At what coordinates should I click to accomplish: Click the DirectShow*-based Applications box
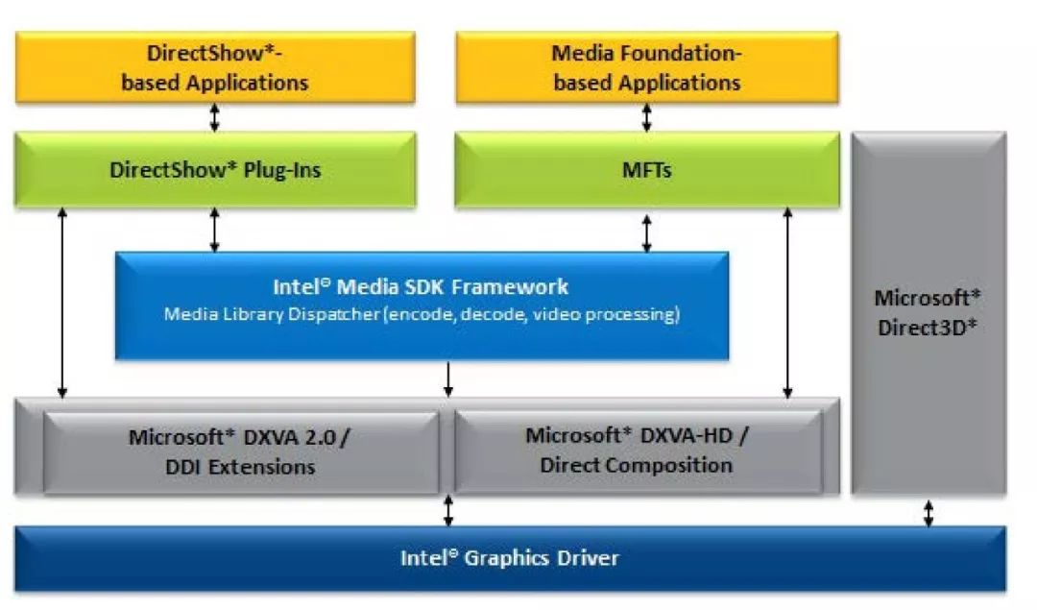[x=215, y=67]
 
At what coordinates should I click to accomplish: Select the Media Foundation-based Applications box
[x=646, y=67]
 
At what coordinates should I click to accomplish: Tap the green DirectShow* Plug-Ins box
[x=215, y=170]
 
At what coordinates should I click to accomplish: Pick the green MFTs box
[x=646, y=170]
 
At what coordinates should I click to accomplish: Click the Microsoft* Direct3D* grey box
[x=928, y=403]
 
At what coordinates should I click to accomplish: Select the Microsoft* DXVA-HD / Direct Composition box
[x=637, y=450]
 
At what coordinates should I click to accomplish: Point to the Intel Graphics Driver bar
[x=509, y=558]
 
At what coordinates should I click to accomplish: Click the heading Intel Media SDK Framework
[x=421, y=286]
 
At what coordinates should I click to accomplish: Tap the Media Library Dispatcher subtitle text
[x=421, y=314]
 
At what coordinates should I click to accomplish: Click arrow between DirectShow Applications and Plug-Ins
[x=215, y=117]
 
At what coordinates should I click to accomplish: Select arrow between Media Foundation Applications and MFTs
[x=646, y=117]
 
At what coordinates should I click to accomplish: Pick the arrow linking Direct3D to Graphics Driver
[x=928, y=511]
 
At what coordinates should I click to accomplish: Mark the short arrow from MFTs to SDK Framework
[x=646, y=232]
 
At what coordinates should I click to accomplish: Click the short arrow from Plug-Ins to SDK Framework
[x=215, y=232]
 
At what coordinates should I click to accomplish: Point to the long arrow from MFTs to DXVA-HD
[x=788, y=303]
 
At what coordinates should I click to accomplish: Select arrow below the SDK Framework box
[x=447, y=379]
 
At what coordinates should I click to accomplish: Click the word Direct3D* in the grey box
[x=928, y=327]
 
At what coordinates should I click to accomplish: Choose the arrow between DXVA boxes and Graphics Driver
[x=447, y=511]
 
